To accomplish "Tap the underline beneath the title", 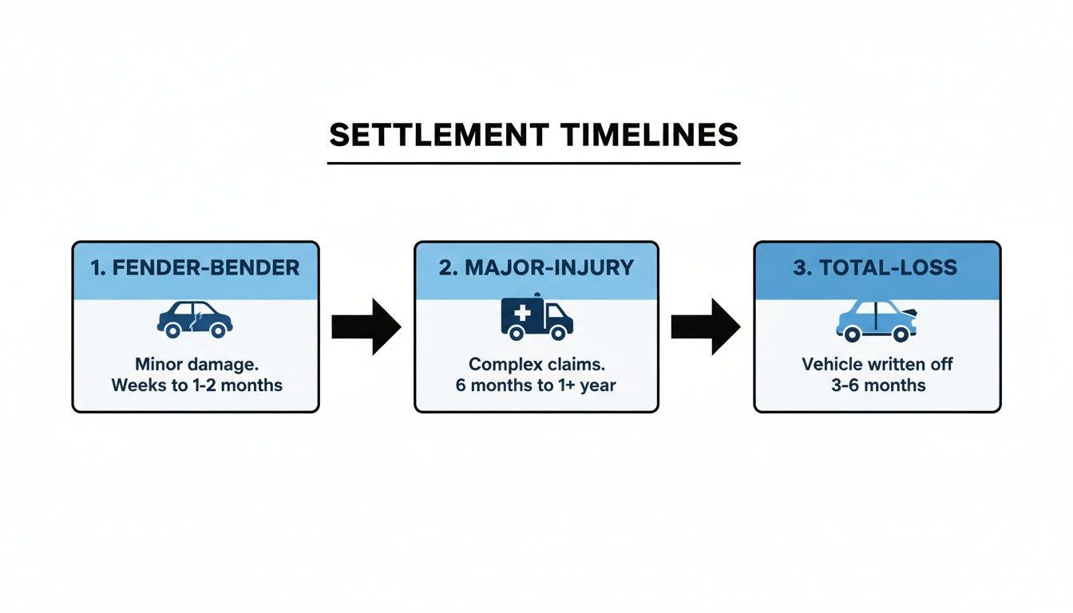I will pos(533,163).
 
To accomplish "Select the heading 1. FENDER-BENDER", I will pos(196,268).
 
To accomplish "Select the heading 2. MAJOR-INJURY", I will pos(536,268).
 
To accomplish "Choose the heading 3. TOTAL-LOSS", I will pos(877,268).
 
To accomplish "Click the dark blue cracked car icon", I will pos(196,318).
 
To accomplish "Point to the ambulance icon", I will pos(536,318).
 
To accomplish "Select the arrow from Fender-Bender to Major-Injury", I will pos(366,326).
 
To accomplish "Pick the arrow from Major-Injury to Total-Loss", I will pos(706,326).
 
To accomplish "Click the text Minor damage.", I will pos(196,365).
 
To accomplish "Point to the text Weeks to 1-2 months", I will pos(196,385).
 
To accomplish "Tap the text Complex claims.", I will pos(536,365).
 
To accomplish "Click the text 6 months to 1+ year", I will pos(536,385).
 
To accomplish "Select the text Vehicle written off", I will pos(877,365).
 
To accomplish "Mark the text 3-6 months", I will pos(877,385).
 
